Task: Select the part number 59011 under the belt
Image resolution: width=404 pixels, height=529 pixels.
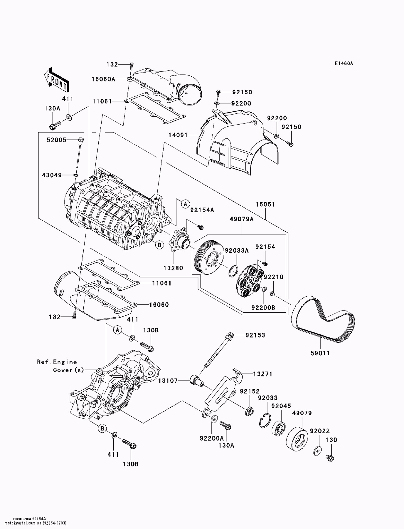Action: point(320,353)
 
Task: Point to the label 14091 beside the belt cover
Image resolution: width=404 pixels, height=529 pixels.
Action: point(178,135)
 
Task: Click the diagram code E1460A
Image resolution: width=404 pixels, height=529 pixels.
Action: point(343,63)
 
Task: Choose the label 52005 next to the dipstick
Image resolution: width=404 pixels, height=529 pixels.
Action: point(57,140)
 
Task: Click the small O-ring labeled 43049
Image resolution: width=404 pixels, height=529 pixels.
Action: point(76,175)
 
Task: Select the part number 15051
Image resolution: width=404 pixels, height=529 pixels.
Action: point(265,204)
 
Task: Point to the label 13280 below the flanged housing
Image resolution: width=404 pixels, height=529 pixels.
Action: point(173,268)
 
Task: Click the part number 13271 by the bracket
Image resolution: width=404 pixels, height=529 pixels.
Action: point(263,374)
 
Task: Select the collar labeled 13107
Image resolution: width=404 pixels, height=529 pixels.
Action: point(196,381)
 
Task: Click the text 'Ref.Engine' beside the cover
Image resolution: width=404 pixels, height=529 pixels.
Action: point(57,362)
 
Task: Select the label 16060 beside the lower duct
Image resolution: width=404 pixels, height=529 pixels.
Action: point(159,304)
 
